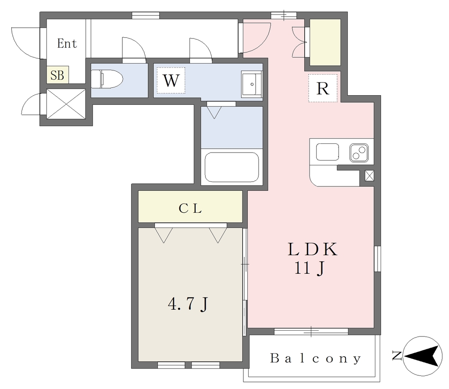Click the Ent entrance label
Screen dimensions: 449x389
coord(67,43)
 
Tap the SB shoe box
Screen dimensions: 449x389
coord(57,75)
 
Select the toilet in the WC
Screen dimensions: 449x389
coord(107,79)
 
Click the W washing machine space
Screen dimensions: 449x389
coord(171,81)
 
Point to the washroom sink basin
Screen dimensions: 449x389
coord(252,84)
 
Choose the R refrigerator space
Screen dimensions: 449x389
coord(323,88)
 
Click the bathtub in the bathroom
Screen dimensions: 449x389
coord(232,167)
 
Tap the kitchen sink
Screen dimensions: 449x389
coord(327,152)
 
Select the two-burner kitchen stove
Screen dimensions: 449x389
coord(359,152)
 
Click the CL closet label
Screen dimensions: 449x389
coord(190,208)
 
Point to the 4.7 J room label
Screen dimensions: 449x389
coord(188,304)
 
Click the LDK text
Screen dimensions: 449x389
coord(312,249)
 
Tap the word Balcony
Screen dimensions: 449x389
coord(316,358)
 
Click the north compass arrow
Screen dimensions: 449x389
coord(422,356)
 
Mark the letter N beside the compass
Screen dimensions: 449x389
coord(397,356)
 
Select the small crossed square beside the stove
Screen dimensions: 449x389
coord(369,175)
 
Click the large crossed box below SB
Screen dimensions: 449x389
coord(66,103)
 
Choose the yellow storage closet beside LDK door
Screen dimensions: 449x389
coord(325,42)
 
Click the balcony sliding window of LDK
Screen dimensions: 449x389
coord(311,332)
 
